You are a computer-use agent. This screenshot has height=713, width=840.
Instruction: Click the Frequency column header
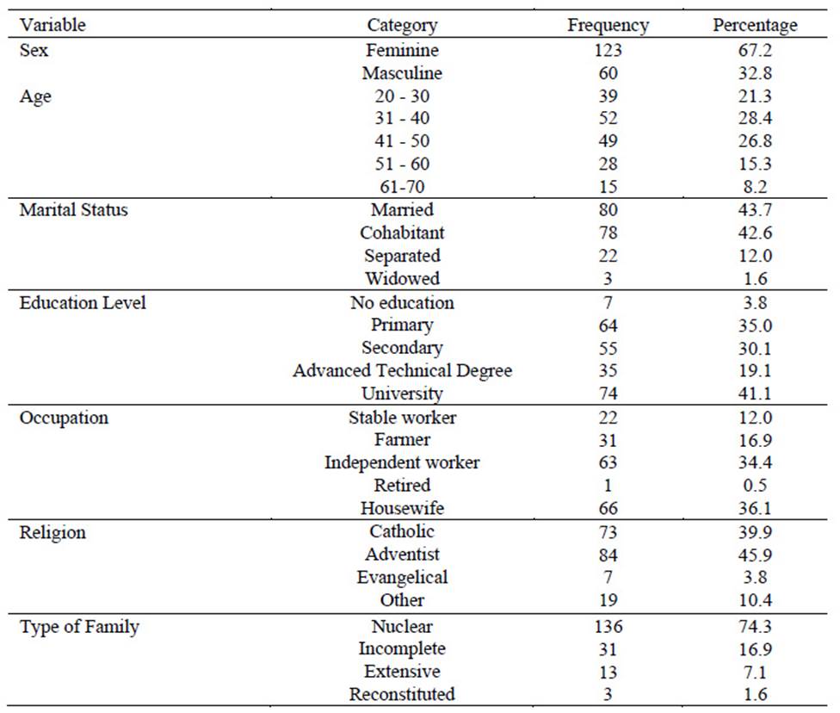point(608,25)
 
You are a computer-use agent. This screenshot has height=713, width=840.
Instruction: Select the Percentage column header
point(755,25)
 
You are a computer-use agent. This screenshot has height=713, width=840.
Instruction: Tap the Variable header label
point(52,25)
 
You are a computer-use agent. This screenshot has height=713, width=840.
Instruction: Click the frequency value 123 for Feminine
point(608,50)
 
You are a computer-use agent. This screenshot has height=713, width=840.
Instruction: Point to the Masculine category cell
point(402,73)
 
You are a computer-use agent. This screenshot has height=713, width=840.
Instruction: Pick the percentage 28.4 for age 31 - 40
point(755,118)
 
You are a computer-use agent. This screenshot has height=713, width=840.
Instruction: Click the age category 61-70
point(402,187)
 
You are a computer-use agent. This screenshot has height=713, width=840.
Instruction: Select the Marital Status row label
point(74,209)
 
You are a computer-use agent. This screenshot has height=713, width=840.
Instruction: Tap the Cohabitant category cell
point(402,232)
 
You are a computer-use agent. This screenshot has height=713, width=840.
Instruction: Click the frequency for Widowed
point(608,279)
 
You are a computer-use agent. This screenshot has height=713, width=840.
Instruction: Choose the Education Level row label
point(83,303)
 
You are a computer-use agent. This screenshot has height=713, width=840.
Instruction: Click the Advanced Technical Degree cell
point(402,371)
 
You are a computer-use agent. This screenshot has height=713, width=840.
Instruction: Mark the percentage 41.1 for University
point(755,394)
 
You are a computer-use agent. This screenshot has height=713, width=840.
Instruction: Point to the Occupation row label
point(64,418)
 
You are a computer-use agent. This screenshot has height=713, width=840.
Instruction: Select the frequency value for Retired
point(608,485)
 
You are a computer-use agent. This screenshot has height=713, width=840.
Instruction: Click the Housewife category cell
point(402,508)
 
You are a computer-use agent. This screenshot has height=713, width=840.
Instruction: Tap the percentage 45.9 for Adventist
point(755,555)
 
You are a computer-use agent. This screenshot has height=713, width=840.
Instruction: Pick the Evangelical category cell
point(402,578)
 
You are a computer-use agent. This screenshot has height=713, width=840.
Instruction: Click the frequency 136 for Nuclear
point(608,626)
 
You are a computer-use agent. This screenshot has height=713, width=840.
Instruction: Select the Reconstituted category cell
point(402,694)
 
